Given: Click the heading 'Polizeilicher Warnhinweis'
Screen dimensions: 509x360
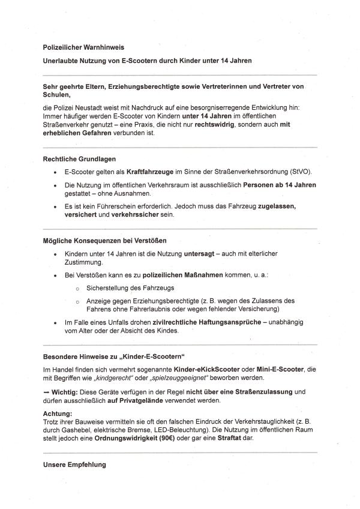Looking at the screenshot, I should point(84,47).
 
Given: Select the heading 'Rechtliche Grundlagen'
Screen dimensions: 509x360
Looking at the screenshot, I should point(79,159).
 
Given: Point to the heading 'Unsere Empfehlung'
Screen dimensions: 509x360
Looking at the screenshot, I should point(74,465).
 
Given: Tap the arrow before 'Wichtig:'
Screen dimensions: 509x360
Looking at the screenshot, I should point(47,392).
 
